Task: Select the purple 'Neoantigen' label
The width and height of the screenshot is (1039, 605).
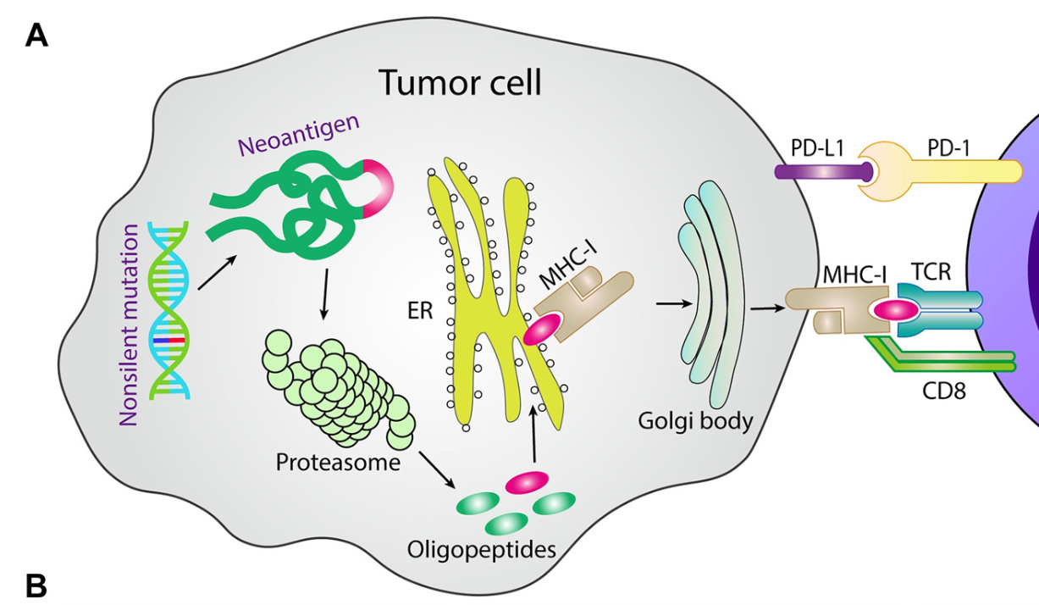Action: (299, 137)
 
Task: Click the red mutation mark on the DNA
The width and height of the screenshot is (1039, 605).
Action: (176, 340)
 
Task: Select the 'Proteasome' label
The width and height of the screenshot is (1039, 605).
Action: (338, 463)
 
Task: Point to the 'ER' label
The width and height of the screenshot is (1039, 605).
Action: (420, 311)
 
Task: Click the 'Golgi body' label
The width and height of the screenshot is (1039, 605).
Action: (697, 419)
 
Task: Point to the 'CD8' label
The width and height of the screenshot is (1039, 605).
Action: (943, 391)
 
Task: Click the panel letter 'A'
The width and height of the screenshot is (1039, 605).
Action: (36, 35)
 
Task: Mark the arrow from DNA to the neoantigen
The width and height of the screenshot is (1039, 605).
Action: (213, 274)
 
